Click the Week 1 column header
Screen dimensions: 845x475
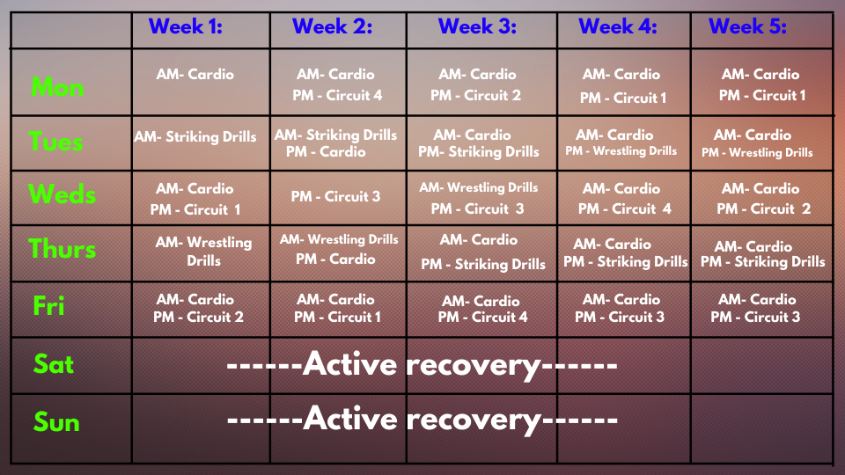point(186,26)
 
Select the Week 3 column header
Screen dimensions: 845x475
point(477,26)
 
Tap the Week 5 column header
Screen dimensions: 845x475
point(747,26)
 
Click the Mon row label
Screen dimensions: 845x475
point(57,87)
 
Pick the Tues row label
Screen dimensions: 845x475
point(55,142)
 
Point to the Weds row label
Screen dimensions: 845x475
point(62,194)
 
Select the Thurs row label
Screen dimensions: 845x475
point(62,249)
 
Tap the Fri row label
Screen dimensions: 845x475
point(48,305)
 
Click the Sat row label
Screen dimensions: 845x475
point(54,364)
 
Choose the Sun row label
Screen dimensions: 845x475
point(56,421)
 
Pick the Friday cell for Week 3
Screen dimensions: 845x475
point(481,309)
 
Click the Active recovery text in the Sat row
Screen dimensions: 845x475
point(422,364)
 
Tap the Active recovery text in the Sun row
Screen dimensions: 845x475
point(422,419)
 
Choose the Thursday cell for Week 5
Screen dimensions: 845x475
point(762,254)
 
